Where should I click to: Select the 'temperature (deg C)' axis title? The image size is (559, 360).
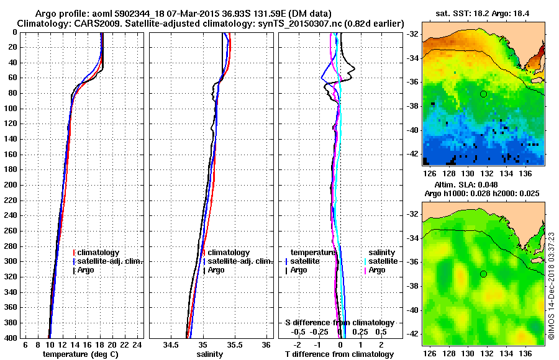click(80, 354)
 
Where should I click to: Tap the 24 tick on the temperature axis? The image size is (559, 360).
click(138, 344)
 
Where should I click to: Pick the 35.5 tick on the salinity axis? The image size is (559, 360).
click(234, 344)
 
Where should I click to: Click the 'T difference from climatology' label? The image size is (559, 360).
click(339, 354)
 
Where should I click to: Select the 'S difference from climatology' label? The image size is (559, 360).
click(340, 323)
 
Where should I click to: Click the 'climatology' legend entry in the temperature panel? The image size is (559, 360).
click(99, 253)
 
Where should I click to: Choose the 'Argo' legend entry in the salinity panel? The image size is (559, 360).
click(216, 270)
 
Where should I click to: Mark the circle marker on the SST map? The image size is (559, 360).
click(483, 94)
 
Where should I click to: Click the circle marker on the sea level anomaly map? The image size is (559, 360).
click(483, 274)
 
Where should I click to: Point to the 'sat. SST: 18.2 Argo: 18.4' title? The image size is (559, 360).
click(481, 14)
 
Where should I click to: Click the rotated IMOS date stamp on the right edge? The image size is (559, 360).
click(552, 286)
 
